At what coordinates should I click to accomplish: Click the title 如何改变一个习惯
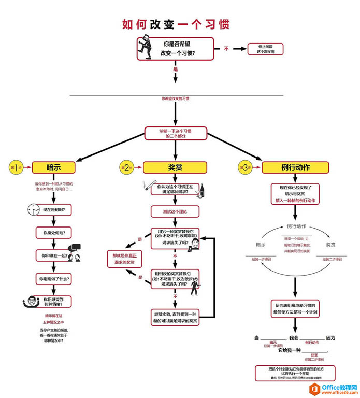[176, 24]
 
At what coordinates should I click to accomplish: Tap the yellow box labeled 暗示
[54, 167]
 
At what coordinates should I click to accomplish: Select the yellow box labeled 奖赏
[175, 167]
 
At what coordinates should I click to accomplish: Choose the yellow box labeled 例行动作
[295, 167]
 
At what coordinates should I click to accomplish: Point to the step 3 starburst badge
[245, 167]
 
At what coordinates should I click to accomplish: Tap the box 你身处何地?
[53, 233]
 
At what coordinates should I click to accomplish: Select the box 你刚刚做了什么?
[53, 279]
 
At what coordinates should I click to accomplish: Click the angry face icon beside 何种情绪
[31, 302]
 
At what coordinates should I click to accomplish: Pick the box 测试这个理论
[175, 211]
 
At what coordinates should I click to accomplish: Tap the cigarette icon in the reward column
[147, 185]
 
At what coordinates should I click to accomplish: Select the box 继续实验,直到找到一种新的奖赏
[175, 318]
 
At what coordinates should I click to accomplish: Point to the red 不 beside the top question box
[226, 49]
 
